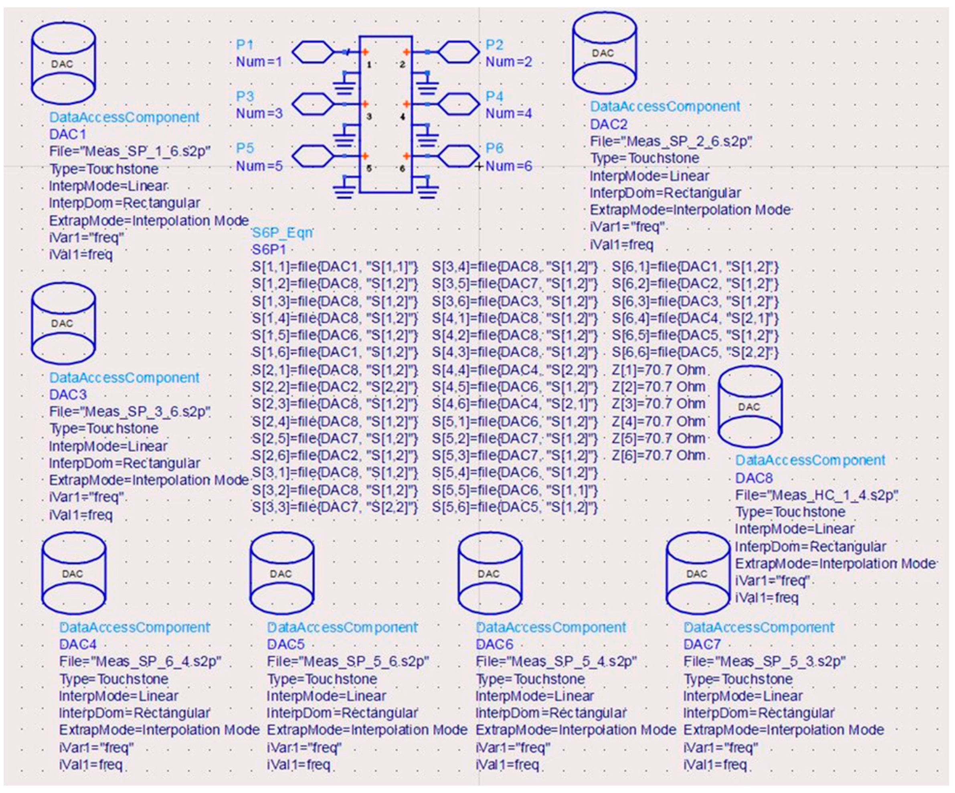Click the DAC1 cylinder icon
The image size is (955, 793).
coord(63,64)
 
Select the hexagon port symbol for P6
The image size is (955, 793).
coord(458,156)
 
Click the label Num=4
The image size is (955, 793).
coord(508,113)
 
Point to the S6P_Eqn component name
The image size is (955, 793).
coord(282,233)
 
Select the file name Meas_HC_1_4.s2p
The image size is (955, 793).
coord(817,495)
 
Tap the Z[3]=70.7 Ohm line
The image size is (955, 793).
coord(658,404)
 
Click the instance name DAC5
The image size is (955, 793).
coord(285,644)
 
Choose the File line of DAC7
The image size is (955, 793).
coord(764,661)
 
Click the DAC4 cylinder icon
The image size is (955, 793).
coord(73,573)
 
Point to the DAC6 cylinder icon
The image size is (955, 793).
coord(490,573)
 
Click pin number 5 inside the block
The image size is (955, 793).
coord(369,168)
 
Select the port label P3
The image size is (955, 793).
coord(245,96)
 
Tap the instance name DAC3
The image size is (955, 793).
coord(68,394)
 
